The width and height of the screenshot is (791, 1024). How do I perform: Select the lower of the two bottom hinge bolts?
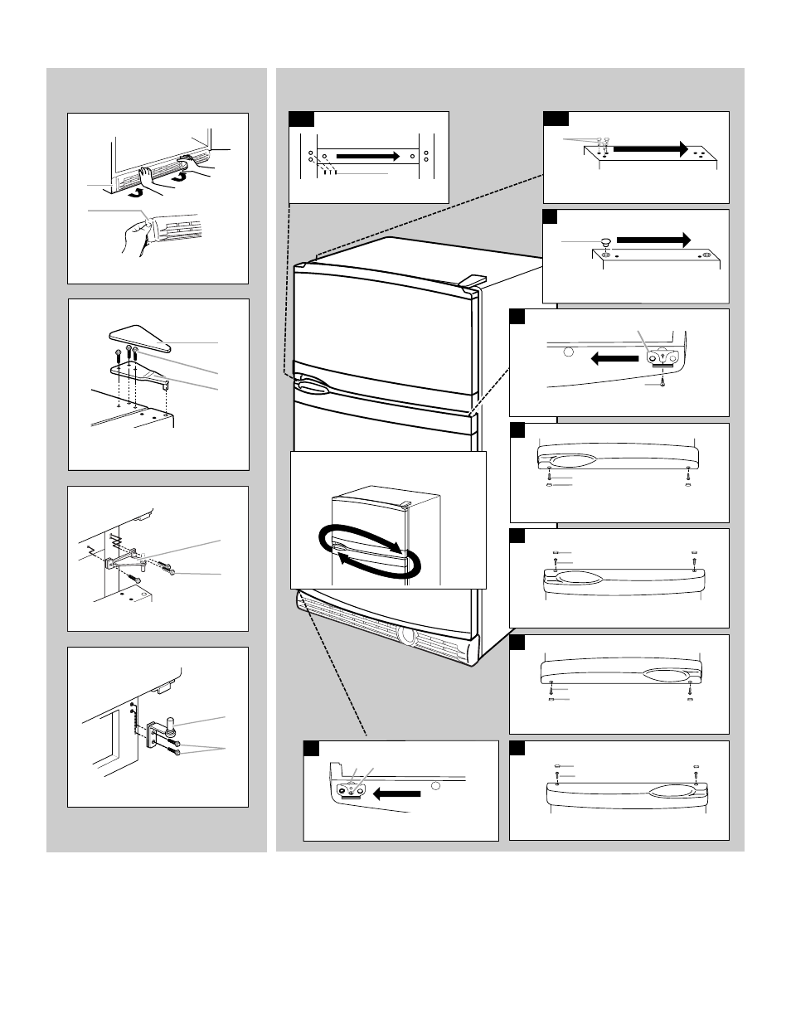pos(175,752)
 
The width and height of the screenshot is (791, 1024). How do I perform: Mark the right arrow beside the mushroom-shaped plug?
pos(653,239)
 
